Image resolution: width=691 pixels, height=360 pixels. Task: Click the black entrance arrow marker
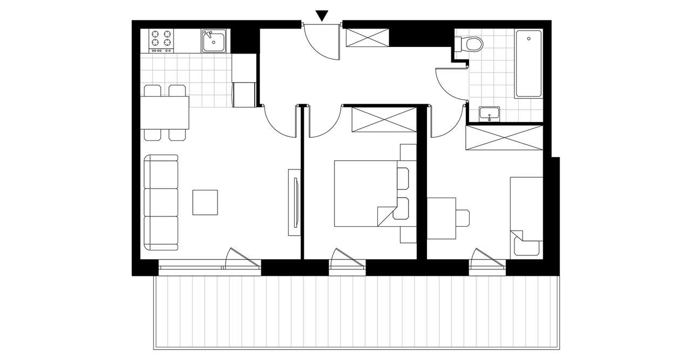[x=322, y=16]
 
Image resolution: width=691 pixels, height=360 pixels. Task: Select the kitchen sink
[x=215, y=40]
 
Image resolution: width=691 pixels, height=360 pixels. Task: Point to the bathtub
[x=529, y=64]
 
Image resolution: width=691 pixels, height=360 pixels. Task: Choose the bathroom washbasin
[x=490, y=114]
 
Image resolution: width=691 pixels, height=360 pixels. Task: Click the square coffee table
[x=205, y=202]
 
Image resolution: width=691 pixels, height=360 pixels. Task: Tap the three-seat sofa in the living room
[x=161, y=202]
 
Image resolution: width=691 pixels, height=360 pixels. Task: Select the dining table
[x=166, y=113]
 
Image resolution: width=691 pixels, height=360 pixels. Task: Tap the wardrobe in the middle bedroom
[x=384, y=119]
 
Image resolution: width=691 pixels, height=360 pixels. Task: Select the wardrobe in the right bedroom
[x=504, y=138]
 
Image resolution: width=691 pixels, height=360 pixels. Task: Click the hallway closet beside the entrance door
[x=367, y=37]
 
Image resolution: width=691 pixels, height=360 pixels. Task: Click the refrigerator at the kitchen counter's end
[x=244, y=94]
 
